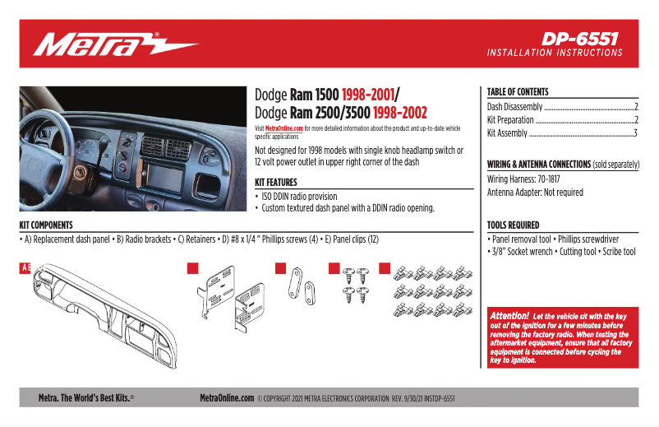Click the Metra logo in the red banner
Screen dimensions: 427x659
coord(115,44)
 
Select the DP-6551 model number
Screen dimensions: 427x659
coord(579,39)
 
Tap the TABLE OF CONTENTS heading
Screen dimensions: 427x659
coord(518,92)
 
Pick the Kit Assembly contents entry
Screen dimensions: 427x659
coord(507,132)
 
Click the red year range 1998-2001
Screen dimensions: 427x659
coord(368,95)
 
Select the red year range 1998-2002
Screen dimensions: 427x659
coord(400,113)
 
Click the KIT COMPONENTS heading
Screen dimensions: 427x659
coord(46,225)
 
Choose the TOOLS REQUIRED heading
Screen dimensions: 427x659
coord(514,225)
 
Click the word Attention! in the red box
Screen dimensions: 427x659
coord(509,316)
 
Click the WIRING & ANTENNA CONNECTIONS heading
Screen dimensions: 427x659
coord(538,165)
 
